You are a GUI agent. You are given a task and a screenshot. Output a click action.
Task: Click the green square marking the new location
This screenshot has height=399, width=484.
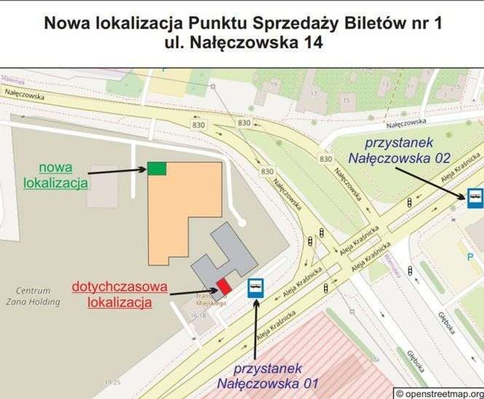click(157, 169)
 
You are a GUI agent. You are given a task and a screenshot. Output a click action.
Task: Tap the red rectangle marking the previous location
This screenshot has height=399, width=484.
click(224, 286)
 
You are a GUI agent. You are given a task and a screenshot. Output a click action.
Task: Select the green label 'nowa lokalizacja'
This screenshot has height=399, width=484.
click(56, 175)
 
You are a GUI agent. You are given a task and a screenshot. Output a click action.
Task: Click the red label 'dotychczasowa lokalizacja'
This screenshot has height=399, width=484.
click(120, 294)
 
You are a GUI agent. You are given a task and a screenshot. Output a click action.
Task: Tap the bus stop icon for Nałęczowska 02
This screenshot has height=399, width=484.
click(475, 198)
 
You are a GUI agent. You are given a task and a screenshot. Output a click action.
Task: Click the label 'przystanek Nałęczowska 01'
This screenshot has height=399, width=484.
click(267, 376)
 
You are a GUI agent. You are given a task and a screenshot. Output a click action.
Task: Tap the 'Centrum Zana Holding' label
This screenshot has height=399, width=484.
click(33, 296)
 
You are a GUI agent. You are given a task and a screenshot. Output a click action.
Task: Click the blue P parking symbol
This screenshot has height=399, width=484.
click(470, 257)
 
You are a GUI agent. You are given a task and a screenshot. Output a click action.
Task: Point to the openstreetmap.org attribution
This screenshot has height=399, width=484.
click(439, 393)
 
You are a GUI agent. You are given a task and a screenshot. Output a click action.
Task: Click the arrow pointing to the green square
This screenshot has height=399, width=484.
click(117, 171)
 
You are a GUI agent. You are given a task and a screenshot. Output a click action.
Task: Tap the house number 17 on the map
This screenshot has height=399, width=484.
click(314, 93)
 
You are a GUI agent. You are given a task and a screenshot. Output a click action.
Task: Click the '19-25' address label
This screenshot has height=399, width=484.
click(113, 382)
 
